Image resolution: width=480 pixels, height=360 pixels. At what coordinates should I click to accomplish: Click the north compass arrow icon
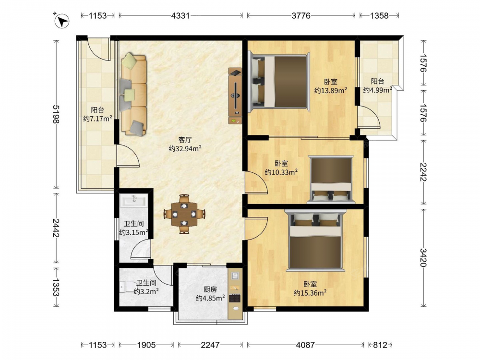coord(62,21)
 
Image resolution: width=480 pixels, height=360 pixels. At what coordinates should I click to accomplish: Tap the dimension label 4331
coord(180,15)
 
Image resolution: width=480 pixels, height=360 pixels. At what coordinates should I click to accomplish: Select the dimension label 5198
coord(56,114)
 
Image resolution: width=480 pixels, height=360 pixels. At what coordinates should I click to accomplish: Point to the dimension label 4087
coord(305,345)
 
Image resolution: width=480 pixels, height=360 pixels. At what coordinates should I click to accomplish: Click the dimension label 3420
coord(423,257)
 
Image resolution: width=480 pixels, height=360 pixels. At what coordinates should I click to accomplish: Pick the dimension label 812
coord(380,345)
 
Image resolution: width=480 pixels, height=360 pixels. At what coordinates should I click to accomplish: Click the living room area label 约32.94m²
coord(185,148)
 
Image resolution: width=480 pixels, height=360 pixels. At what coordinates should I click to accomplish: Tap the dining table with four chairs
coord(184,214)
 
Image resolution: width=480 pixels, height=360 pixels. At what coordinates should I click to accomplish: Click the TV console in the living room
coord(235,96)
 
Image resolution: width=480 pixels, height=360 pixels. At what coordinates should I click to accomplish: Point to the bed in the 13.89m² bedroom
coord(279,82)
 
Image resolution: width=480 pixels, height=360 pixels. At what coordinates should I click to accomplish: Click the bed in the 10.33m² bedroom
coord(331,180)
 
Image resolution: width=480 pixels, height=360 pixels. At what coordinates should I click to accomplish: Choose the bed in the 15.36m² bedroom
coord(315,240)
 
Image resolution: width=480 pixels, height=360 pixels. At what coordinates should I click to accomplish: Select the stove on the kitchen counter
coord(235,298)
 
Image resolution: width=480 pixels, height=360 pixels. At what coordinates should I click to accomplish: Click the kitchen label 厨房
coord(210,289)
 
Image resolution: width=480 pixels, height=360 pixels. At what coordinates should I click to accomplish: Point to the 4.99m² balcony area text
coord(378,90)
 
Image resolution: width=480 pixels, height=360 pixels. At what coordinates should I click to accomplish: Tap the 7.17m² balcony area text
coord(97,119)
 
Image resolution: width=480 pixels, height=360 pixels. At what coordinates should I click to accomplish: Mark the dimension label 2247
coord(210,345)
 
